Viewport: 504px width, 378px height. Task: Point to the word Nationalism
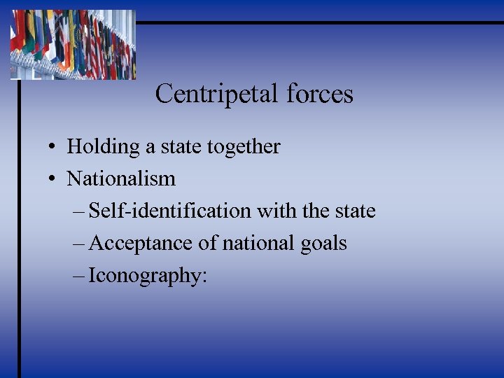(x=121, y=179)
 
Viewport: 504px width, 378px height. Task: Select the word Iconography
(x=145, y=276)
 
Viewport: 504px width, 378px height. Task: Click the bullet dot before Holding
(x=52, y=148)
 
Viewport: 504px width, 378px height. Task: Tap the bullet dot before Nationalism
(x=52, y=180)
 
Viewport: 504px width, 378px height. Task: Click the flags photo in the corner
(x=73, y=43)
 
